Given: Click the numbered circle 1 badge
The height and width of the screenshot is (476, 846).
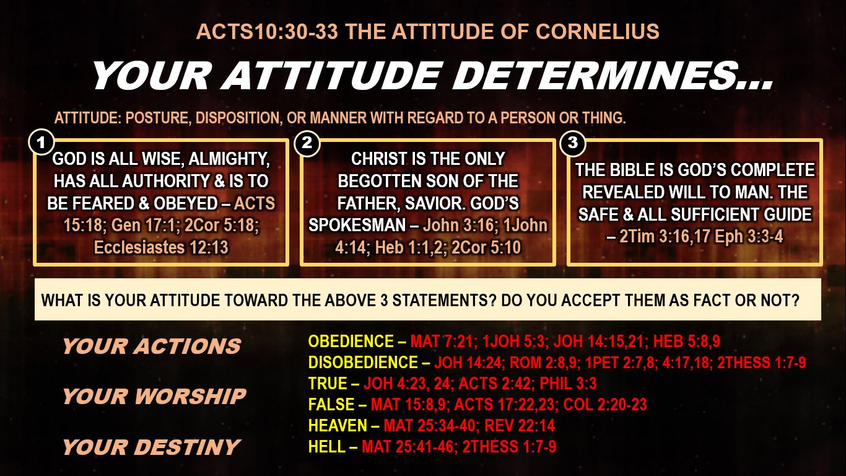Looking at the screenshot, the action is click(41, 143).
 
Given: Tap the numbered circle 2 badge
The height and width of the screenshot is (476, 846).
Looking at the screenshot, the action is click(307, 143).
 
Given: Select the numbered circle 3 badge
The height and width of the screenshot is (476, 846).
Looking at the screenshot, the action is click(572, 143).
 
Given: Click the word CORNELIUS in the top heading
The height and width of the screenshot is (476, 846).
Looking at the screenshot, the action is click(598, 32).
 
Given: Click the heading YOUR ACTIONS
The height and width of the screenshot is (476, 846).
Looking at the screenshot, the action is click(152, 346).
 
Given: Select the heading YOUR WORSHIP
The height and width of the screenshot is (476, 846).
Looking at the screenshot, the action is click(154, 397).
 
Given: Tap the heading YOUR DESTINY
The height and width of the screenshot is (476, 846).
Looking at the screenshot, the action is click(151, 447).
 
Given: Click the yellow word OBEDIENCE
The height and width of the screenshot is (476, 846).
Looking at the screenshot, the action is click(351, 342).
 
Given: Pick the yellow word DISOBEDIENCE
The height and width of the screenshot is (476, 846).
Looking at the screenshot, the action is click(363, 363).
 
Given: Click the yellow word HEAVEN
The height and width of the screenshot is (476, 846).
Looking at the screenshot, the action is click(338, 426).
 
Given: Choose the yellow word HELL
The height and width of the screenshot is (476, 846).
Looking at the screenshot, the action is click(327, 447).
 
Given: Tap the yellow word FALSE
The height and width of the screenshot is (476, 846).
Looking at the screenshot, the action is click(331, 405).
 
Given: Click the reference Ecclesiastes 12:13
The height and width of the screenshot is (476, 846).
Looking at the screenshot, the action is click(161, 248).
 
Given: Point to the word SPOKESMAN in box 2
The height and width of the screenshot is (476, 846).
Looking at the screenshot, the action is click(357, 226).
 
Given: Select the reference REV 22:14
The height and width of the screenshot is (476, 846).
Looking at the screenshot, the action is click(520, 426).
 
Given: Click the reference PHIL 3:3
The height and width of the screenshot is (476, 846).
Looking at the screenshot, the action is click(568, 384).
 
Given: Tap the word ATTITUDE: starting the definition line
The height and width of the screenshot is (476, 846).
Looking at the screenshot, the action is click(87, 118).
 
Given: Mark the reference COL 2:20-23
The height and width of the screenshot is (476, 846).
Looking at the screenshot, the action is click(605, 405).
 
